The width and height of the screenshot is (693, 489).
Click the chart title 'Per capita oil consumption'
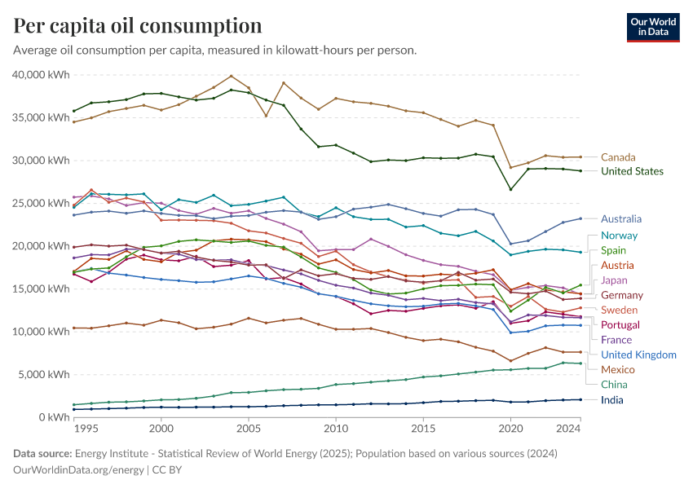(x=138, y=25)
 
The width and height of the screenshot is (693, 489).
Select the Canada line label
(x=618, y=157)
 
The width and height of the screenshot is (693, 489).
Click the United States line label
(x=632, y=171)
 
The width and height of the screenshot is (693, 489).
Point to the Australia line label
(x=621, y=219)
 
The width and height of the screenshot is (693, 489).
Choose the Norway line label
(x=619, y=236)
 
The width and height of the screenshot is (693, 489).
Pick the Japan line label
(x=614, y=280)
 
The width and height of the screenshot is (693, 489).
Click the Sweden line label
(x=619, y=311)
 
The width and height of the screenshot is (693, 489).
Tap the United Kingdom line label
(x=638, y=355)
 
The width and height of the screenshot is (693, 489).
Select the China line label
(x=614, y=385)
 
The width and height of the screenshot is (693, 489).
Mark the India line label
(x=612, y=400)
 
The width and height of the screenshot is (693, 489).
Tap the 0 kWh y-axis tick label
(x=54, y=417)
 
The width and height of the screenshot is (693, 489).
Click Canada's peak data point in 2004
(x=232, y=76)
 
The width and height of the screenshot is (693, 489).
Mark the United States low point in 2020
(x=511, y=190)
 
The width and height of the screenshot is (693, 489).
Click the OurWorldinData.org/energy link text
(x=78, y=469)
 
